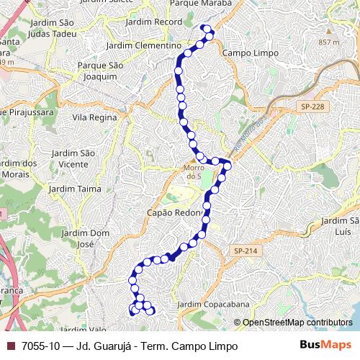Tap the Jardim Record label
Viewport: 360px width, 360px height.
153,22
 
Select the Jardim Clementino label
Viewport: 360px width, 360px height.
143,45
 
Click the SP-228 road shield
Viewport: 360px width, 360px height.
314,107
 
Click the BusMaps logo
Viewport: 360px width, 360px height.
326,345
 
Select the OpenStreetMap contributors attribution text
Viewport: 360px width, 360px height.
297,323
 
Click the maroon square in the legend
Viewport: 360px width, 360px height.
10,346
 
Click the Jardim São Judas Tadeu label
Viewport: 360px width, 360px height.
53,27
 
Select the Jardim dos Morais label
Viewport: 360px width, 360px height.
19,168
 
